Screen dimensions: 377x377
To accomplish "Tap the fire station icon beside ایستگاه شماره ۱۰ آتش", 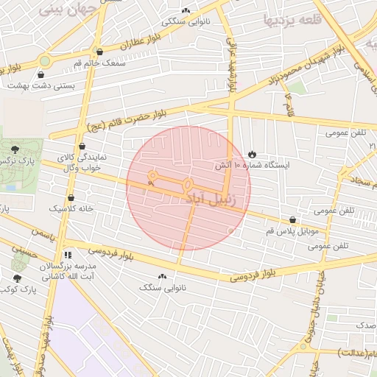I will [253, 154].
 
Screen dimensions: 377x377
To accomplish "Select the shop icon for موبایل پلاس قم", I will [293, 219].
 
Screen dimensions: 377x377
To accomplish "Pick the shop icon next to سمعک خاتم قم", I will [99, 52].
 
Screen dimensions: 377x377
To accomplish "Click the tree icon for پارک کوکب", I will [17, 278].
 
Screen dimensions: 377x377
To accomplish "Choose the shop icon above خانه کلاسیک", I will [71, 197].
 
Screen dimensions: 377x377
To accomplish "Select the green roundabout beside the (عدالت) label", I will [303, 345].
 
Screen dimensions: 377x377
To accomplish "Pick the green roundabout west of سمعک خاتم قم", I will [45, 61].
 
